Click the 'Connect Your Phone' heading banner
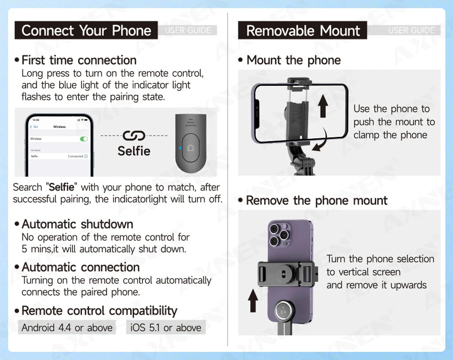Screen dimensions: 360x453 coord(86,31)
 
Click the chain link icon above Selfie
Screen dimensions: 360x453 coord(134,136)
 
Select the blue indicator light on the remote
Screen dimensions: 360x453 coord(180,148)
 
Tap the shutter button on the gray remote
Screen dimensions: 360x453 coord(191,148)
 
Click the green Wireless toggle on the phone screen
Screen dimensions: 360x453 coord(84,139)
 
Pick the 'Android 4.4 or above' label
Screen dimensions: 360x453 coord(67,328)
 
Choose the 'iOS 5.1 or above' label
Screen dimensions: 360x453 coord(165,328)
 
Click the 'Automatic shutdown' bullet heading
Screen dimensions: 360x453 coord(77,224)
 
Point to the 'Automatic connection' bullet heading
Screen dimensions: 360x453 coord(81,267)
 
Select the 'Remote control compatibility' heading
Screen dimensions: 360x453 coord(99,311)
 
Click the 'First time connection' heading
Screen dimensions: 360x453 coord(79,60)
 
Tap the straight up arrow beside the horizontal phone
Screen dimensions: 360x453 coord(323,106)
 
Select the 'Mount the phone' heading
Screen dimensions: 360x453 coord(293,60)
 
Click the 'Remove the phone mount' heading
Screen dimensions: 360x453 coord(316,200)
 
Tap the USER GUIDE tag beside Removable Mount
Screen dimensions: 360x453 coord(411,31)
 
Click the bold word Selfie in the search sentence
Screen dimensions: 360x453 coord(62,187)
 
